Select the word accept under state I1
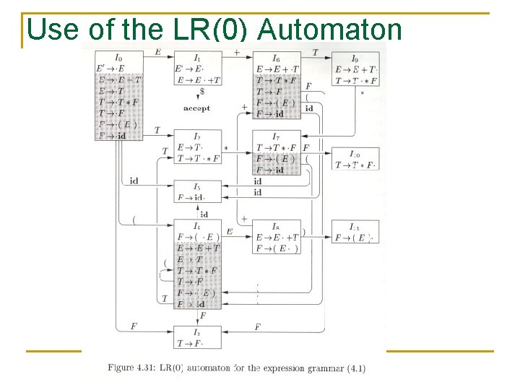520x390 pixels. coord(196,108)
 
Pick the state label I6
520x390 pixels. coord(276,58)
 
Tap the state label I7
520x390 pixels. coord(275,136)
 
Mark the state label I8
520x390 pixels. coord(275,226)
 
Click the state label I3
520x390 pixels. coord(197,331)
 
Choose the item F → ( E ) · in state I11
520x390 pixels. coord(355,238)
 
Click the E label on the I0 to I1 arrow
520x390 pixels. coord(158,52)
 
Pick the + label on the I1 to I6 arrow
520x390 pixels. coord(237,52)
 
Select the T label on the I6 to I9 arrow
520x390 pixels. coord(316,52)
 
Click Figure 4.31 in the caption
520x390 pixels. coord(131,368)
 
